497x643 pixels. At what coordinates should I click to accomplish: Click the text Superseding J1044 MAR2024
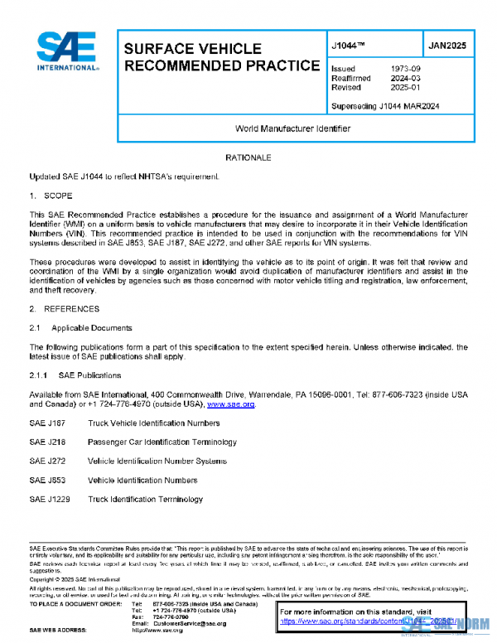click(x=384, y=106)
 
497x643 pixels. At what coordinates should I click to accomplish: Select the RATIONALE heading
click(x=248, y=157)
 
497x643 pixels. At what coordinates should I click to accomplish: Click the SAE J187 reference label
click(x=46, y=423)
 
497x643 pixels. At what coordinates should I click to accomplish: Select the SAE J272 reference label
click(x=46, y=461)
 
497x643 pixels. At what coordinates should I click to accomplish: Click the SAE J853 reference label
click(x=46, y=480)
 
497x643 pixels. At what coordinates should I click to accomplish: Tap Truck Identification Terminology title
click(x=145, y=499)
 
